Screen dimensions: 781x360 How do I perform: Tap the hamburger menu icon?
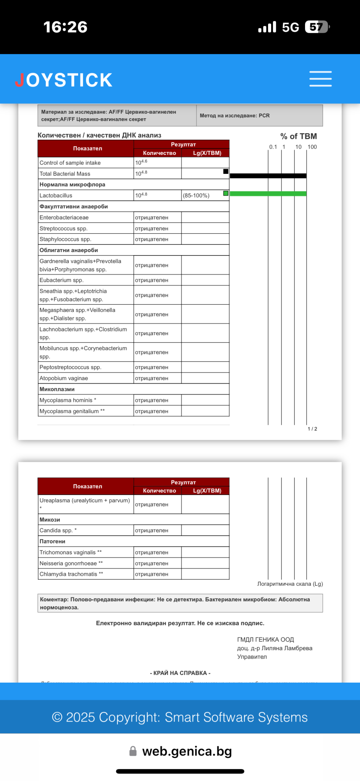coord(320,79)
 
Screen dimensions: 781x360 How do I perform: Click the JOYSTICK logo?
coord(64,80)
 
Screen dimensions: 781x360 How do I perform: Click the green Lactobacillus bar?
coord(268,194)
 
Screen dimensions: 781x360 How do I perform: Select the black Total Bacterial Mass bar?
coord(268,176)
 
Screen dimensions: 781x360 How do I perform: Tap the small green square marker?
coord(226,193)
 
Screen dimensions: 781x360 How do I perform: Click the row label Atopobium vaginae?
coord(64,378)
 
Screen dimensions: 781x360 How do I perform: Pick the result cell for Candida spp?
coord(152,530)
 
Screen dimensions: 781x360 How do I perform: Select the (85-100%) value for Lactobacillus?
coord(196,196)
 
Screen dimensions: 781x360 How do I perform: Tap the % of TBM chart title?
coord(299,136)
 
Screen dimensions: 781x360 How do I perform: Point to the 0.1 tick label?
coord(273,147)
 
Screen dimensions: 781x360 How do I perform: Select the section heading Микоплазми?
coord(57,389)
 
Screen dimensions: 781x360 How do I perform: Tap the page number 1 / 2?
coord(312,429)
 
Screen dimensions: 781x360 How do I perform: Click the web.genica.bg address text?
coord(187,751)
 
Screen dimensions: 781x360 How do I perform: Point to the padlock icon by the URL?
coord(133,751)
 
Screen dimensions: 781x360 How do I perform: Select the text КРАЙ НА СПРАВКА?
coord(180,673)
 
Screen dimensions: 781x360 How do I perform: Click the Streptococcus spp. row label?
coord(64,228)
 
